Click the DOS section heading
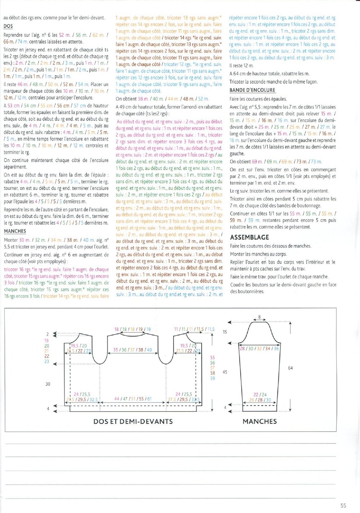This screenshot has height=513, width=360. [8, 26]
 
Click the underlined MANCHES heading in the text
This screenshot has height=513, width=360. [15, 231]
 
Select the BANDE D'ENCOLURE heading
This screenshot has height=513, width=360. [252, 90]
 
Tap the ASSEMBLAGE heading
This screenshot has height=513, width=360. [249, 237]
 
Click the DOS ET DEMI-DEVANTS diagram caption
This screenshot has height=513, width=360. [133, 421]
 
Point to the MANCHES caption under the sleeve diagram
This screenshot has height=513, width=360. [260, 421]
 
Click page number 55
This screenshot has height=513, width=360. [343, 505]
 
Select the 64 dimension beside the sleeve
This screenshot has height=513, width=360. [290, 368]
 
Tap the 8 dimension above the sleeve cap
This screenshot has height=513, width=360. [259, 317]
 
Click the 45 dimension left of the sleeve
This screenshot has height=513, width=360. [225, 372]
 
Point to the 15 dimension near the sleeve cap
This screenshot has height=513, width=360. [225, 332]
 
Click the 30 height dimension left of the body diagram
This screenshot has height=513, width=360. [48, 384]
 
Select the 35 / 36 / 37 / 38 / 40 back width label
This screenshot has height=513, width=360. [132, 350]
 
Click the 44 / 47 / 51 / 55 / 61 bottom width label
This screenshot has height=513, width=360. [133, 399]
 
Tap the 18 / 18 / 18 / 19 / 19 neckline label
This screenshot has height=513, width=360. [132, 329]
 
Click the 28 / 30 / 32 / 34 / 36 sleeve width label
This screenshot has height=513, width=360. [259, 348]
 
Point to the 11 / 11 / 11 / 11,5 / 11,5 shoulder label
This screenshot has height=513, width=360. [194, 329]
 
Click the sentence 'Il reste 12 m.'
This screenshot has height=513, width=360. [242, 66]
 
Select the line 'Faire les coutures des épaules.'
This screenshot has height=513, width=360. [258, 99]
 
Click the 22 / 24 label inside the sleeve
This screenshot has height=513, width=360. [260, 394]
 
